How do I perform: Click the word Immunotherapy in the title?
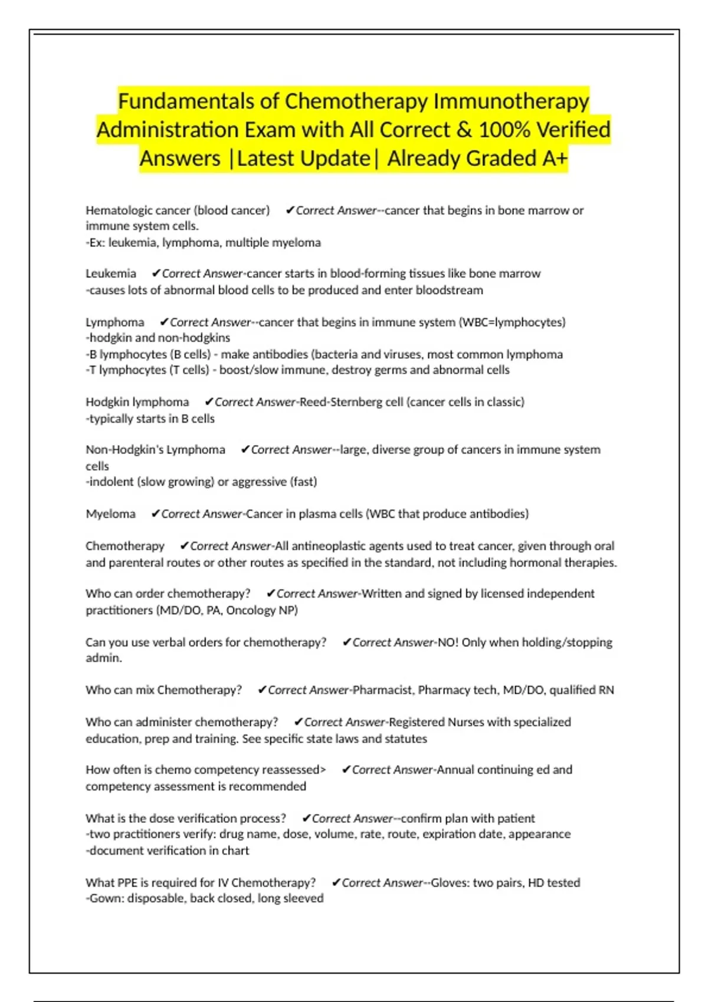click(511, 101)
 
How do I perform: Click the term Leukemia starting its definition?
click(111, 273)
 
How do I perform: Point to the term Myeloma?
click(110, 514)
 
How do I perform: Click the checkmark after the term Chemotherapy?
click(184, 546)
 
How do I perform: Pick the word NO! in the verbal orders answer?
click(448, 642)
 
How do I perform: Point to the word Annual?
click(455, 770)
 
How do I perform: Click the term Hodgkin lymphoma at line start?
click(137, 402)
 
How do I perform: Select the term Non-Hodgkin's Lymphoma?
click(155, 450)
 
